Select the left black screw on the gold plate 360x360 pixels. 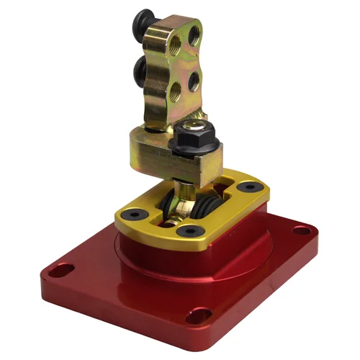pyautogui.click(x=133, y=215)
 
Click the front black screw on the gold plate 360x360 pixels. pyautogui.click(x=190, y=230)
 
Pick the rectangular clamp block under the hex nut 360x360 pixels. pyautogui.click(x=155, y=155)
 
